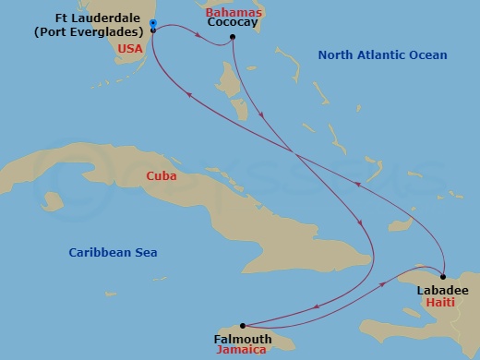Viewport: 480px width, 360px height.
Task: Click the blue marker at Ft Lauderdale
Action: (x=152, y=24)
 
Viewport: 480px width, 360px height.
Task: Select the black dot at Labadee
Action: (x=443, y=276)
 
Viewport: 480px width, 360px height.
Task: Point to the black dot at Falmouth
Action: (x=243, y=325)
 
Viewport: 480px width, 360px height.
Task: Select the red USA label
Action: (x=129, y=48)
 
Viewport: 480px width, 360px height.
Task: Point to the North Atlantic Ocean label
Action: (x=382, y=55)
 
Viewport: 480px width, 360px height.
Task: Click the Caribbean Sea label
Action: (x=114, y=252)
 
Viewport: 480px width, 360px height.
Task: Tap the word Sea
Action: (x=146, y=252)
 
